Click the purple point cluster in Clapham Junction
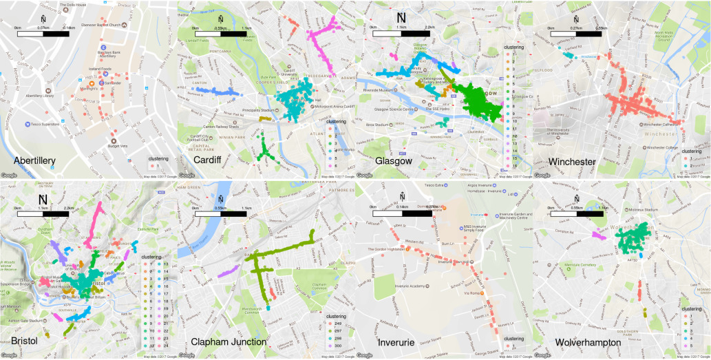point(227,273)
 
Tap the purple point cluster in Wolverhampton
point(597,235)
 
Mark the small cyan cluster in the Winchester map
point(569,52)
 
